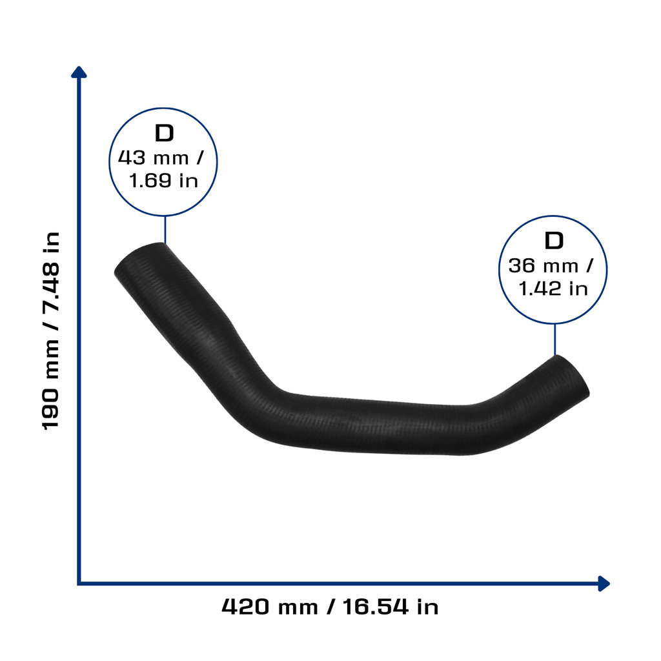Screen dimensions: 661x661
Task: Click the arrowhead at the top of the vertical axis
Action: coord(79,72)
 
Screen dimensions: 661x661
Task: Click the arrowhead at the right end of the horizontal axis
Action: coord(604,584)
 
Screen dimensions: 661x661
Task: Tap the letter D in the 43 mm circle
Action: coord(164,133)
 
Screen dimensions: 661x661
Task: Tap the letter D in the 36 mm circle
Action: coord(553,241)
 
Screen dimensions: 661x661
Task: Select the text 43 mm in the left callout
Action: coord(153,158)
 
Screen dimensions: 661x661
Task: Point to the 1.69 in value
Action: coord(163,181)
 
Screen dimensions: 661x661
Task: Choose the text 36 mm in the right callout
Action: coord(543,266)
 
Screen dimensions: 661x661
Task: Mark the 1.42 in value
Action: coord(553,289)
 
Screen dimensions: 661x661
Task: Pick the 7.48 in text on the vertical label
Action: coord(51,270)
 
